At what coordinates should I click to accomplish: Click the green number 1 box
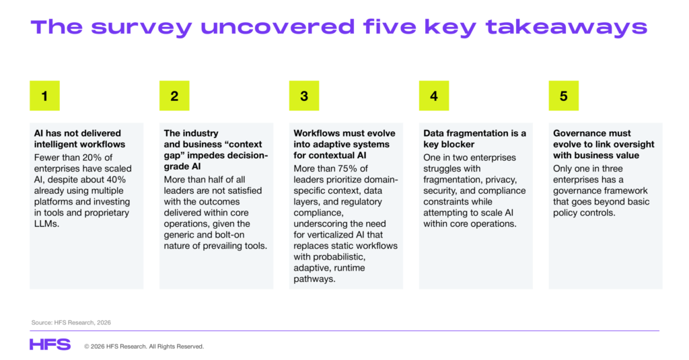[x=44, y=96]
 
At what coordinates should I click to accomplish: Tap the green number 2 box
[x=174, y=96]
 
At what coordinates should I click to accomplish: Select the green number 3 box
[x=304, y=96]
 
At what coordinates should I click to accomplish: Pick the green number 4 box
[x=434, y=96]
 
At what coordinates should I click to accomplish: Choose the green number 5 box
[x=564, y=96]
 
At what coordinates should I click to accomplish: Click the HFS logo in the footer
[x=50, y=345]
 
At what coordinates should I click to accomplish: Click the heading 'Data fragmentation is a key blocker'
[x=474, y=139]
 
